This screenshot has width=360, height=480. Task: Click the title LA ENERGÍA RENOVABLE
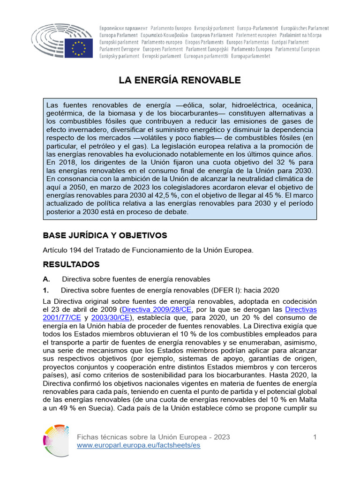click(180, 80)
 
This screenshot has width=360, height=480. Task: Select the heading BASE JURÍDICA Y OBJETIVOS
click(105, 235)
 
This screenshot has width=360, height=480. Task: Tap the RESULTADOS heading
click(71, 264)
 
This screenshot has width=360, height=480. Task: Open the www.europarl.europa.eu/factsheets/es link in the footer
click(138, 445)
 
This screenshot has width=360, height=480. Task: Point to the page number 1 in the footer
click(315, 437)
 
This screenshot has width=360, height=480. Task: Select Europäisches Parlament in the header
click(301, 29)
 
